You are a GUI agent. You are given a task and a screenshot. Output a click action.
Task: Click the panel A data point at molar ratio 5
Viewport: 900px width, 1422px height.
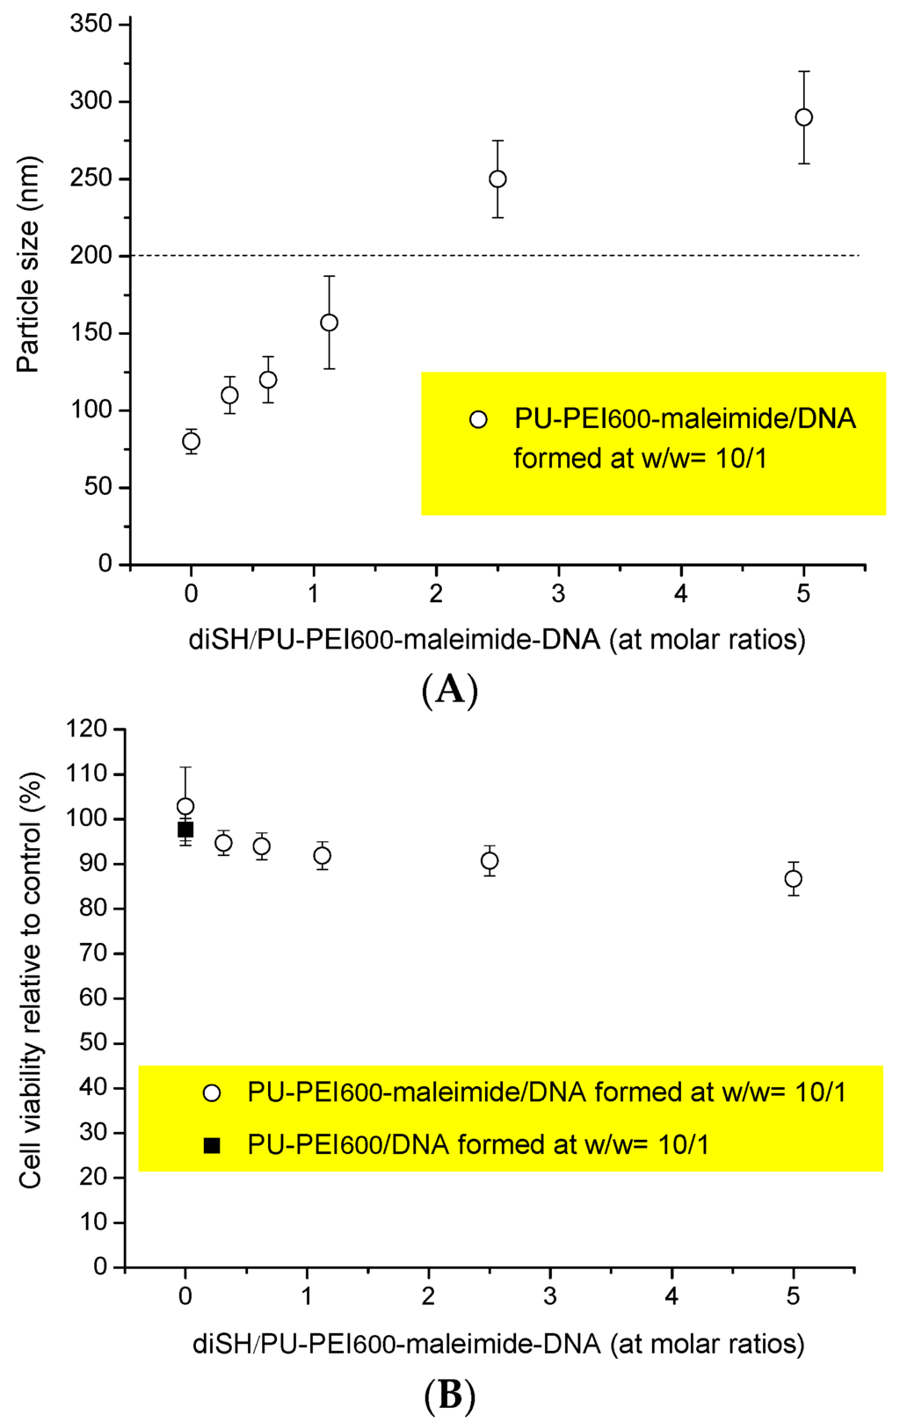pyautogui.click(x=803, y=117)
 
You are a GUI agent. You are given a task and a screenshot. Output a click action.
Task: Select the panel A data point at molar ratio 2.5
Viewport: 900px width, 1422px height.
pyautogui.click(x=497, y=178)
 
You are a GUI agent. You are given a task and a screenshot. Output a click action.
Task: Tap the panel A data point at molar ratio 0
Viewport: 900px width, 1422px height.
pyautogui.click(x=191, y=441)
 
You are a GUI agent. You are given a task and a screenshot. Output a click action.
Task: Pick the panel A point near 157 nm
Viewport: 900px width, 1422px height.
pyautogui.click(x=329, y=323)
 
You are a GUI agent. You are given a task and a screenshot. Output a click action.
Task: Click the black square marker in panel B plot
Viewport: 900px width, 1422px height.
pyautogui.click(x=185, y=829)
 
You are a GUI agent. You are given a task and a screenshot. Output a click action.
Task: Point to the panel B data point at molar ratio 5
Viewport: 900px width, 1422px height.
pyautogui.click(x=793, y=879)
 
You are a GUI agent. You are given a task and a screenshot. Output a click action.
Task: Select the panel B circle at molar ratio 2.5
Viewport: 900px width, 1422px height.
pyautogui.click(x=490, y=860)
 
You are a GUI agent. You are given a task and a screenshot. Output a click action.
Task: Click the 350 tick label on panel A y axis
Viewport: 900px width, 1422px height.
pyautogui.click(x=91, y=24)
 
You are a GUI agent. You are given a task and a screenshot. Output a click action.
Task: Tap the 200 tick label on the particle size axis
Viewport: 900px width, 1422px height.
pyautogui.click(x=91, y=256)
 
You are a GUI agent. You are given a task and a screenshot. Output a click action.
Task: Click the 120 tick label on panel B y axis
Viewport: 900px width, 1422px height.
pyautogui.click(x=87, y=729)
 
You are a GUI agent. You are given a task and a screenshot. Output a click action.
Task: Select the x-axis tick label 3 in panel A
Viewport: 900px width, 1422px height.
pyautogui.click(x=558, y=594)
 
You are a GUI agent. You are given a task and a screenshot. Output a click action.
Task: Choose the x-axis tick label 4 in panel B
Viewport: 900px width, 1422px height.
pyautogui.click(x=671, y=1297)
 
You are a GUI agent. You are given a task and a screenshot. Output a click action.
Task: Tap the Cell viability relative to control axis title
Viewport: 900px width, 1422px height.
pyautogui.click(x=31, y=980)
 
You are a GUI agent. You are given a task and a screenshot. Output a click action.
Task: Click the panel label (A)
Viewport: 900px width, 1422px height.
pyautogui.click(x=449, y=690)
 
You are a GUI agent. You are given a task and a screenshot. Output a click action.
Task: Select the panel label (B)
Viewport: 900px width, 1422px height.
pyautogui.click(x=449, y=1395)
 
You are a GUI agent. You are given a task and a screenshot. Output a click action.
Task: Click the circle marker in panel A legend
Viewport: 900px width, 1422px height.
pyautogui.click(x=478, y=419)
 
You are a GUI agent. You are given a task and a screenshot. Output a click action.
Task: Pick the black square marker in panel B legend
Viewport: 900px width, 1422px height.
pyautogui.click(x=211, y=1144)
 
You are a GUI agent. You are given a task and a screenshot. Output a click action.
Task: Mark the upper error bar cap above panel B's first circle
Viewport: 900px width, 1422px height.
pyautogui.click(x=185, y=767)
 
